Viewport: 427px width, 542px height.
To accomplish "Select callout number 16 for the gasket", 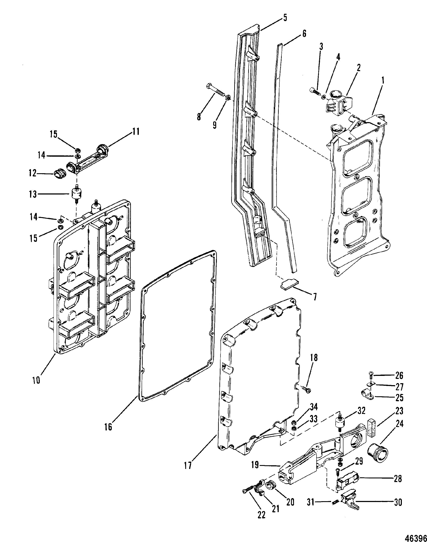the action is [108, 427].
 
